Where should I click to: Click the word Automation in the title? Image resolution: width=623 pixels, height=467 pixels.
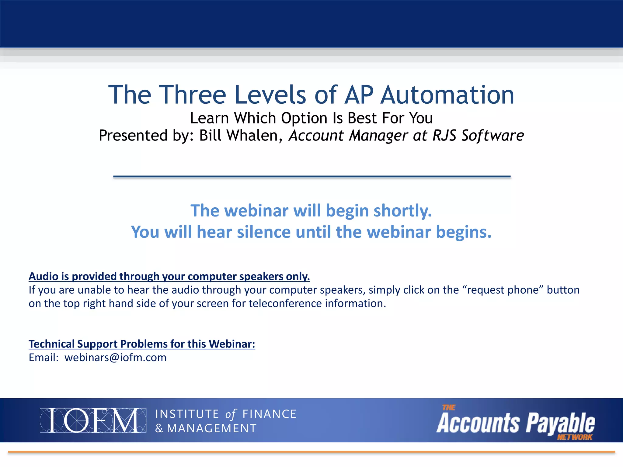click(x=447, y=95)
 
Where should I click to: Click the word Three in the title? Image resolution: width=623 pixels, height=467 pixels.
click(x=192, y=95)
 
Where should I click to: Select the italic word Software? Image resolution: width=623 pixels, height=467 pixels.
click(x=492, y=136)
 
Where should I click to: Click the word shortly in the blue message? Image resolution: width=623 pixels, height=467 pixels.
click(x=402, y=211)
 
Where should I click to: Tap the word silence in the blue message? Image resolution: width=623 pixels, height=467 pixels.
click(x=264, y=232)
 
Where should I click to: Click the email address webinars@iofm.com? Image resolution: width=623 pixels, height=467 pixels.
click(x=115, y=358)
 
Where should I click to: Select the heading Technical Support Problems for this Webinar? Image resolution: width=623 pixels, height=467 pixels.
click(x=142, y=344)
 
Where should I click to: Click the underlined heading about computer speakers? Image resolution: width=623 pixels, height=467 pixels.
click(x=169, y=276)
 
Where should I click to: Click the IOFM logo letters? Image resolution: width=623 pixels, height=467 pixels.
click(x=93, y=420)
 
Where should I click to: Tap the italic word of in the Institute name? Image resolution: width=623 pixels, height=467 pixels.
click(x=231, y=414)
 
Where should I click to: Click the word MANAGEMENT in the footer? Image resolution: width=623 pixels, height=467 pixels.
click(x=212, y=428)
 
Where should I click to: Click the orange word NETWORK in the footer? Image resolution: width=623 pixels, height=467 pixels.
click(x=575, y=437)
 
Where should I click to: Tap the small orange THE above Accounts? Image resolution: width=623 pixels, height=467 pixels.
click(x=449, y=407)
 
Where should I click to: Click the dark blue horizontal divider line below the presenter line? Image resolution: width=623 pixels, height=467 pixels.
click(x=312, y=176)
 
